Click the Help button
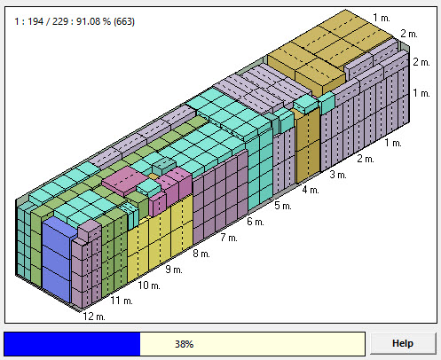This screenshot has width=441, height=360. point(403,343)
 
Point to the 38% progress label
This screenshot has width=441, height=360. point(184,344)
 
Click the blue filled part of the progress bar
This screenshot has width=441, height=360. point(72,344)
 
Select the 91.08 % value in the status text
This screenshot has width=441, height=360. point(93,21)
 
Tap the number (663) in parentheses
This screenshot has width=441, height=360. point(124,21)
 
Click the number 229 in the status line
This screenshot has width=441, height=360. point(60,21)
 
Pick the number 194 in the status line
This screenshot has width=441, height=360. point(35,21)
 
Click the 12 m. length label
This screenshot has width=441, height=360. point(94,317)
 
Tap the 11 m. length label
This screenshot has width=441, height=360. point(122,301)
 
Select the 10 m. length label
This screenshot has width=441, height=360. point(149,286)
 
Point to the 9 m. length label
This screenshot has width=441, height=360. point(174,270)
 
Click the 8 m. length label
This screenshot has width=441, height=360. point(201,254)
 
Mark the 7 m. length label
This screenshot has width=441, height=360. point(229,238)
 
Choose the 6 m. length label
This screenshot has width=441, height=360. point(256,222)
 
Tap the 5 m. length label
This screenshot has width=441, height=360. point(283,206)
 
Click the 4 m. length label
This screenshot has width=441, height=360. point(311,190)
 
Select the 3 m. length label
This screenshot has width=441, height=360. point(338,175)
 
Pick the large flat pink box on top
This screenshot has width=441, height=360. point(125,181)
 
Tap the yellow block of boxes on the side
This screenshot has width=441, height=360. point(160,238)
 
